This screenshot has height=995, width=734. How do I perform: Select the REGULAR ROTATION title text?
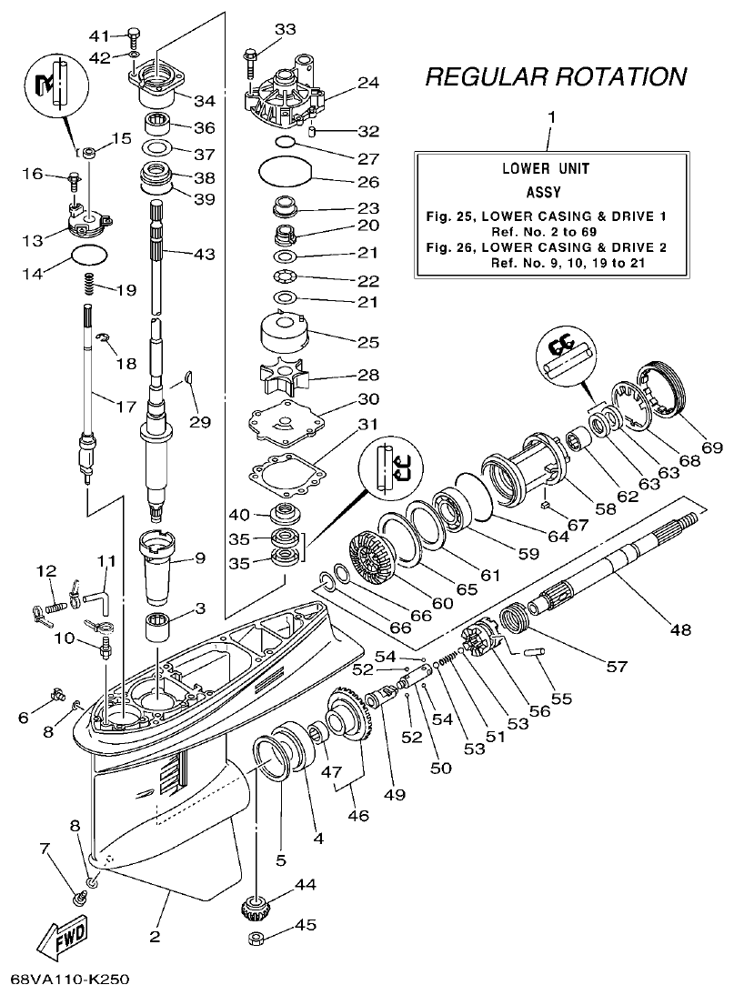pos(556,77)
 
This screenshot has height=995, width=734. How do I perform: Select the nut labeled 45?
pos(259,938)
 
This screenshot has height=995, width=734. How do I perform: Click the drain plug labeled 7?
pos(79,899)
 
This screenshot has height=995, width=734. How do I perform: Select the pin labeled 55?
pos(533,651)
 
